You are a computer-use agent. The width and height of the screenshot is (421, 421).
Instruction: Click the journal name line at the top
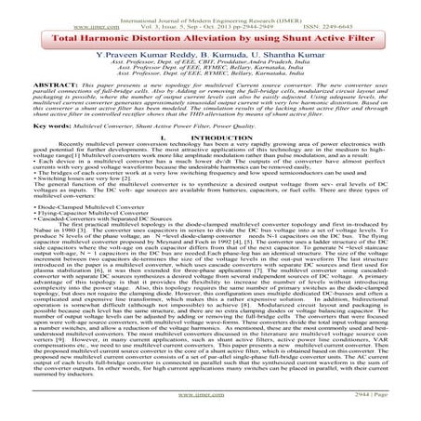coord(209,8)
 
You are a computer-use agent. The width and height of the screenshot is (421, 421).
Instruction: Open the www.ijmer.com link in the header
coord(45,17)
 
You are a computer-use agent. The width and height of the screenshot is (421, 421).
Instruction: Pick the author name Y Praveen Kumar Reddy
coord(131,60)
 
